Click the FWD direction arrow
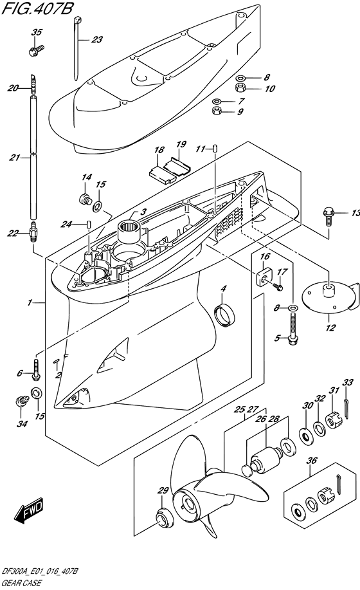point(29,511)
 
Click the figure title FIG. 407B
point(37,8)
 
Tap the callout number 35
point(37,33)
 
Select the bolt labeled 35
point(37,50)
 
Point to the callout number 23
point(97,39)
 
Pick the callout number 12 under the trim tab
point(330,327)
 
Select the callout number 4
point(224,289)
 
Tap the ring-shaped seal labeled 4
point(224,315)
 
